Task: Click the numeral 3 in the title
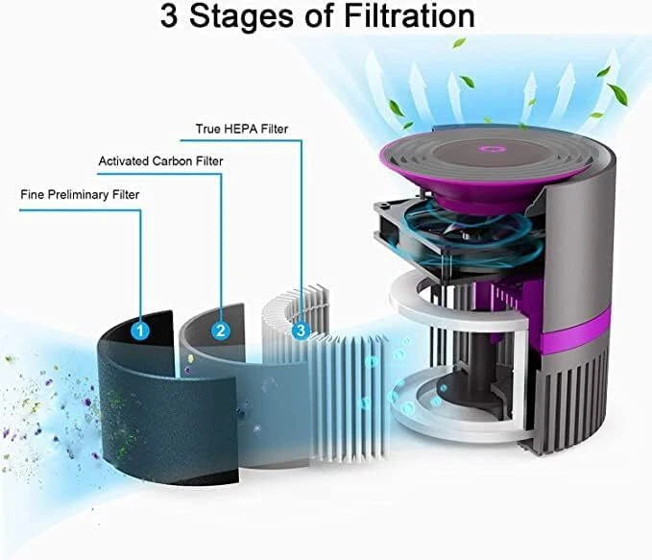pyautogui.click(x=169, y=16)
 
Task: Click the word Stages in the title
pyautogui.click(x=242, y=17)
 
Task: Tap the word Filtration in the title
pyautogui.click(x=410, y=16)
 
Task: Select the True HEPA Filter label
pyautogui.click(x=242, y=129)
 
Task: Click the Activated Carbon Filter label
pyautogui.click(x=161, y=161)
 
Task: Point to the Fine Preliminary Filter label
pyautogui.click(x=80, y=195)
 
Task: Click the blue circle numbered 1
pyautogui.click(x=140, y=330)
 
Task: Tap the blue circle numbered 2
pyautogui.click(x=221, y=330)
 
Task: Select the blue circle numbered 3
pyautogui.click(x=301, y=330)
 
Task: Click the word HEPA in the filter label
pyautogui.click(x=241, y=129)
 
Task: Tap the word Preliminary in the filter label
pyautogui.click(x=78, y=195)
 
